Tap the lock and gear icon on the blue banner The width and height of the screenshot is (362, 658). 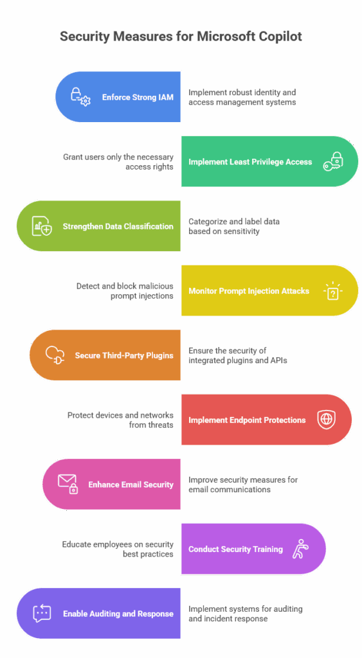click(x=80, y=96)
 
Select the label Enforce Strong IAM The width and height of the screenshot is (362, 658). click(x=138, y=98)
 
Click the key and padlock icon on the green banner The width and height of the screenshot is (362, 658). click(x=333, y=161)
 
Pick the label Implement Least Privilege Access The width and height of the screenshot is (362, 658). click(x=250, y=162)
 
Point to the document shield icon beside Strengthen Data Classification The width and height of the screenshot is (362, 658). click(x=42, y=226)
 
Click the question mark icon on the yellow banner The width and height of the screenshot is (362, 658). click(x=333, y=290)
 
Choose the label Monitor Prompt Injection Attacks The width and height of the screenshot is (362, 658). click(x=249, y=291)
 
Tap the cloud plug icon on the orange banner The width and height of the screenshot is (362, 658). click(x=55, y=355)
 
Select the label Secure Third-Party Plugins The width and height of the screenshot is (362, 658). click(x=124, y=355)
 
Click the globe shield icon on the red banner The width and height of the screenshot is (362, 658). click(x=326, y=420)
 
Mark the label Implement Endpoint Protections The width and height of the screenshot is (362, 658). click(x=247, y=420)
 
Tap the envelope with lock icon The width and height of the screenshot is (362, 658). click(x=68, y=484)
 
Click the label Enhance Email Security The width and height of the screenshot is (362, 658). click(x=131, y=485)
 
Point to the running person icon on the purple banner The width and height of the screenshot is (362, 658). click(x=300, y=549)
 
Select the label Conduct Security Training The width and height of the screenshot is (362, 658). click(x=235, y=549)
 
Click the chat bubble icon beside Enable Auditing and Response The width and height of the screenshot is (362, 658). click(x=42, y=614)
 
